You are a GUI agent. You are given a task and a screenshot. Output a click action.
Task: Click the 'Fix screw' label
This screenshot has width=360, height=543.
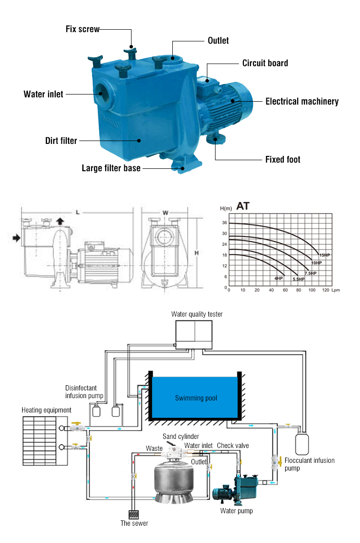(82, 29)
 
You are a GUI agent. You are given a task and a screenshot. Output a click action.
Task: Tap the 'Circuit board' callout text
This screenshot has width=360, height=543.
(265, 63)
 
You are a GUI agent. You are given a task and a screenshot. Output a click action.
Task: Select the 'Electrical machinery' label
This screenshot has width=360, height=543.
(302, 101)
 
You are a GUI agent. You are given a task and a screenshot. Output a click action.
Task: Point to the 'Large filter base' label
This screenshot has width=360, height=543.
(111, 168)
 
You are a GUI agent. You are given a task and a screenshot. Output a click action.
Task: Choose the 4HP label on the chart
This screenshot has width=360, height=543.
(278, 279)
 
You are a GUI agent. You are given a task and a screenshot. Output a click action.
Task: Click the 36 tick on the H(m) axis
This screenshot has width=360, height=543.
(224, 223)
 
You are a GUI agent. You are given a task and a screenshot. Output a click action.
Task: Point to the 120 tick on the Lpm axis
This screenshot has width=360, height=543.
(326, 291)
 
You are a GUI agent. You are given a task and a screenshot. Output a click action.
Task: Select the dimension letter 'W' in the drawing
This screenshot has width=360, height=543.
(165, 212)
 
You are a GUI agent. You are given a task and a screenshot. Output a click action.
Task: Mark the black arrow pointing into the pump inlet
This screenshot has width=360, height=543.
(17, 238)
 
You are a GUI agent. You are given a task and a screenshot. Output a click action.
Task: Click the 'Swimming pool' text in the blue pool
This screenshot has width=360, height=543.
(196, 398)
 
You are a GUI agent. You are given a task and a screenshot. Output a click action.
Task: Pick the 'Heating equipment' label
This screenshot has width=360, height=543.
(47, 410)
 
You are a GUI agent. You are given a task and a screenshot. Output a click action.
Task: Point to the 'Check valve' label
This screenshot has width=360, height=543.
(233, 446)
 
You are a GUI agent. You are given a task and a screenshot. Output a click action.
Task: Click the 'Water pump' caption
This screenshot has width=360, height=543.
(236, 511)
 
